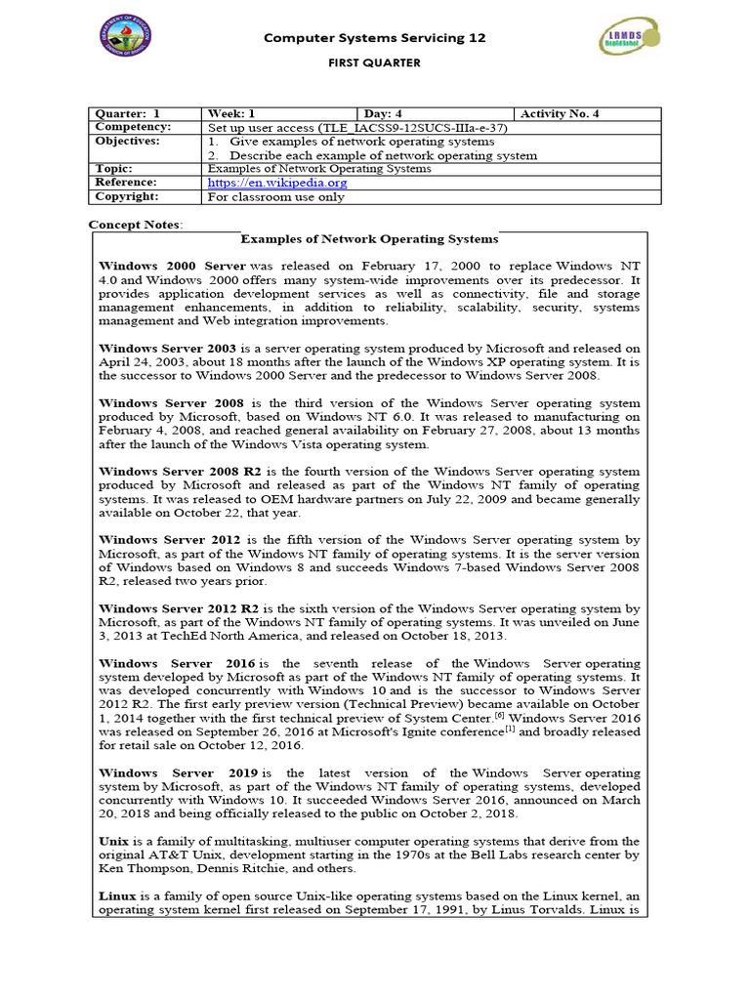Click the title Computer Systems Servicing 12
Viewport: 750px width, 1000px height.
pos(375,38)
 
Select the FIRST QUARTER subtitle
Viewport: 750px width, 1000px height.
pos(374,63)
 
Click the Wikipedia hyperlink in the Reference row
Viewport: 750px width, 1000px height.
pos(277,183)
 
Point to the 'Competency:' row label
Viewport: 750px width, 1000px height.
pos(133,128)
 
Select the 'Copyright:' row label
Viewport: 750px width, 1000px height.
pos(128,196)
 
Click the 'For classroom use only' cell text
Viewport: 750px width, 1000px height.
pos(276,196)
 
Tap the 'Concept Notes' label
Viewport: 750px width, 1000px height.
pos(135,226)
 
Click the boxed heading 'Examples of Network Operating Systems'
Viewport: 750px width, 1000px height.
pos(369,239)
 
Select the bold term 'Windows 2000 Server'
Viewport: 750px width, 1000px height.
pos(172,266)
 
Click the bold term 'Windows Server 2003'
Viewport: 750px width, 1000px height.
pos(167,349)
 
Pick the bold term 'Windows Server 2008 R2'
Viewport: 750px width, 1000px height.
pos(178,472)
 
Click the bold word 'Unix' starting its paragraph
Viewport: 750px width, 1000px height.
pos(113,842)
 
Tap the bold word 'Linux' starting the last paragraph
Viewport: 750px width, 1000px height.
pos(116,896)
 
